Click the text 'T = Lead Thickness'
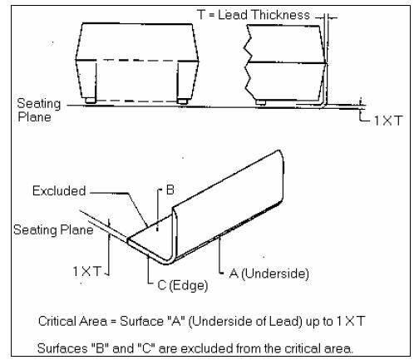(x=254, y=15)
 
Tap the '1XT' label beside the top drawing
(x=388, y=121)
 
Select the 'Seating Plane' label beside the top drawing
(x=39, y=110)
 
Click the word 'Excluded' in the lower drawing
(x=59, y=191)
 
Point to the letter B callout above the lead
(x=170, y=190)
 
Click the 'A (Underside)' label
(x=269, y=274)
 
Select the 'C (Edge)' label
(x=183, y=285)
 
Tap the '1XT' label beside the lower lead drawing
(x=86, y=271)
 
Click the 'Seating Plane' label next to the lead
(x=53, y=229)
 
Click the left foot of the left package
(x=91, y=101)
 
